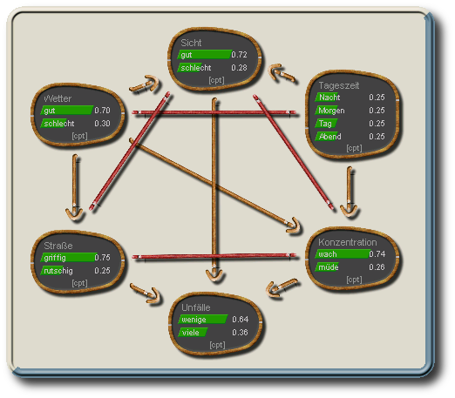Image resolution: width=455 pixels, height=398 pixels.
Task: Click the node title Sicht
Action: tap(192, 42)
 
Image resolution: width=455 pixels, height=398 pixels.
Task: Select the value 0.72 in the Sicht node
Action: tap(239, 55)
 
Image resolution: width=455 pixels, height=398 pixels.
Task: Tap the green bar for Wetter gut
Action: tap(68, 111)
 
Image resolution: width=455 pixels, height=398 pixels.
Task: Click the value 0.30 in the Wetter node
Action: tap(102, 124)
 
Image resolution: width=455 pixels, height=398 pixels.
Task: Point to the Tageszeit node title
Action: tap(338, 84)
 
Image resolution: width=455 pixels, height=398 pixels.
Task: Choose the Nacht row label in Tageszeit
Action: tap(329, 98)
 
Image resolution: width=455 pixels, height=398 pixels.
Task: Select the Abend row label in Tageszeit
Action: tap(330, 137)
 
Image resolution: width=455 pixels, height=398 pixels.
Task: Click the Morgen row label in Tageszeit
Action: tap(332, 111)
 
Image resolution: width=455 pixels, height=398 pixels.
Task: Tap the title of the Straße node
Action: tap(57, 245)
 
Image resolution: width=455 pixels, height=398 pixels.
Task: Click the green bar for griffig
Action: tap(69, 258)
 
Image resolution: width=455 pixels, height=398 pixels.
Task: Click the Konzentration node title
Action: tap(347, 241)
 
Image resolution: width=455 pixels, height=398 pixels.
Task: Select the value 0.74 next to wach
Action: tap(377, 254)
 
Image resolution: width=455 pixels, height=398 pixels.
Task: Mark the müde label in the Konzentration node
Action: tap(328, 267)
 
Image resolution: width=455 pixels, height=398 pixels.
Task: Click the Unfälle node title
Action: tap(195, 307)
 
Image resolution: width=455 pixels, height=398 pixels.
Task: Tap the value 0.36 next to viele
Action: tap(240, 333)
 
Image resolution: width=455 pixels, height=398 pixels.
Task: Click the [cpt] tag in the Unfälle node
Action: tap(217, 345)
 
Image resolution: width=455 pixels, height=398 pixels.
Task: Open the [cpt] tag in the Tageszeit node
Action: tap(354, 148)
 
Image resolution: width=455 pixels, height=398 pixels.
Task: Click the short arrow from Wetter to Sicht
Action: tap(146, 85)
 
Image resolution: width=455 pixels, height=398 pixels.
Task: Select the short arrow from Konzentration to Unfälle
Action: tap(282, 287)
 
